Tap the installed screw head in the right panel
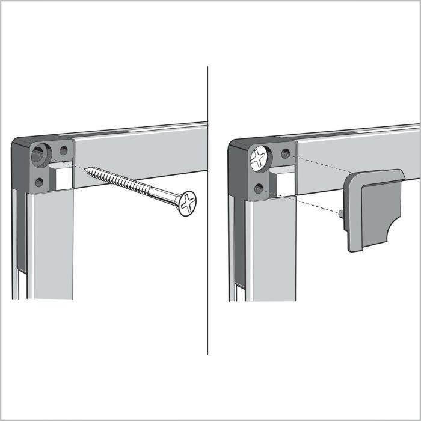pos(259,159)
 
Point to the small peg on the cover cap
pos(342,212)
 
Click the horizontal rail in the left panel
pos(138,144)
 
